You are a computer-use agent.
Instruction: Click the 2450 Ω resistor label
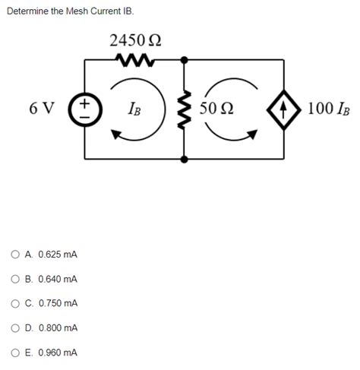tap(134, 39)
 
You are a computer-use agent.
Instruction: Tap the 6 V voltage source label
tap(42, 108)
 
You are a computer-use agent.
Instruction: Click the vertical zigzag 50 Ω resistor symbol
tap(183, 108)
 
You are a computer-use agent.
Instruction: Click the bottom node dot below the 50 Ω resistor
tap(183, 159)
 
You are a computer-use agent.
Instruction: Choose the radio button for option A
tap(15, 255)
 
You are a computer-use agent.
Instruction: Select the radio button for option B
tap(15, 279)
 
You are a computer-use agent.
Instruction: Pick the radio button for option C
tap(15, 303)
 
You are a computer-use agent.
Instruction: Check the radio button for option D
tap(15, 328)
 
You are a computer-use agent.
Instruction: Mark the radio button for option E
tap(15, 353)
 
